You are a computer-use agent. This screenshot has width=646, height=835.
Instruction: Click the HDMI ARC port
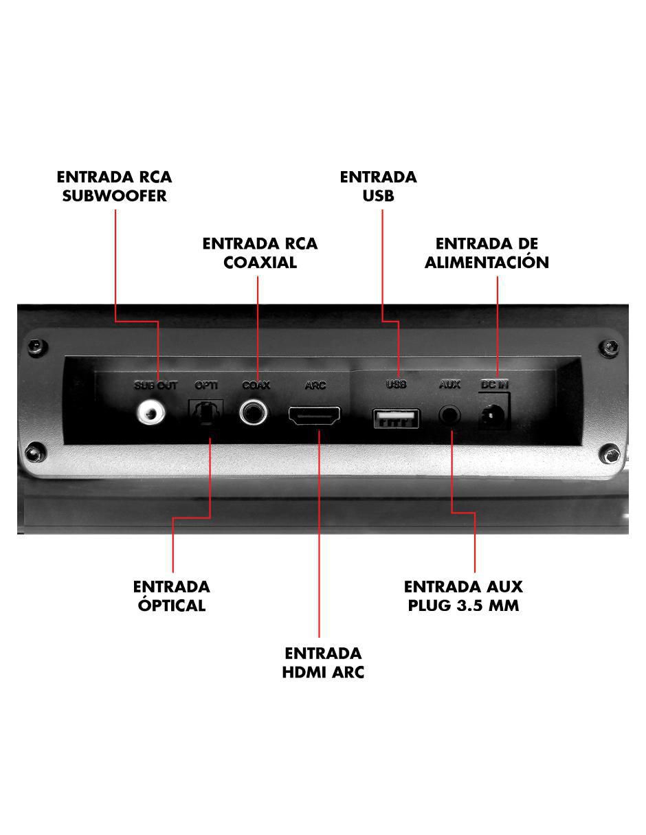[314, 416]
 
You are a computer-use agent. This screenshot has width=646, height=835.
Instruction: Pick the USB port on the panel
[396, 419]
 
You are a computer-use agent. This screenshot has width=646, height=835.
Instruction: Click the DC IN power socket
[493, 416]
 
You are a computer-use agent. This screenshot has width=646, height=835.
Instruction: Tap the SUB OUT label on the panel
[155, 385]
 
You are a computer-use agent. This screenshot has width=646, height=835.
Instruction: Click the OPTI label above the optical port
[206, 385]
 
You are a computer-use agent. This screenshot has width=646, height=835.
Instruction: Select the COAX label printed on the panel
[256, 385]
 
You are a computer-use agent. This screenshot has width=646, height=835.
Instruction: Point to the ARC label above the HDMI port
[315, 385]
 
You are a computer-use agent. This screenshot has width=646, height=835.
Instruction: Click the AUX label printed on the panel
[449, 384]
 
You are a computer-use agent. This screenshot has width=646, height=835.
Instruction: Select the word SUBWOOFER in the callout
[115, 196]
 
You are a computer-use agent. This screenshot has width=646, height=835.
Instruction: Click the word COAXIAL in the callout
[260, 263]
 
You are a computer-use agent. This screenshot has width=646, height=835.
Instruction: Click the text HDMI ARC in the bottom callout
[323, 672]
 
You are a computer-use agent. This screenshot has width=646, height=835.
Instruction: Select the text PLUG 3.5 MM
[463, 605]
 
